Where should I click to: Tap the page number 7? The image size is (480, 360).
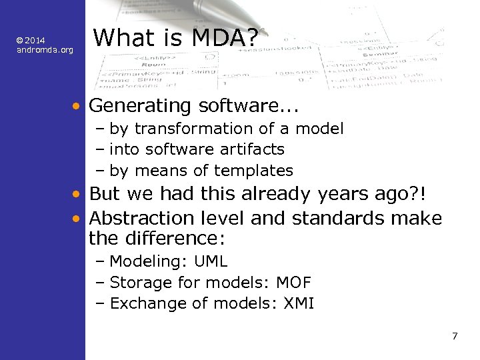pos(455,336)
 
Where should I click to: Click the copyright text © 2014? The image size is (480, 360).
pos(31,41)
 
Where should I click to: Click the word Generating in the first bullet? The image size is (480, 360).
pos(131,105)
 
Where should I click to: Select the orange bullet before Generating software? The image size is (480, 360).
pos(78,106)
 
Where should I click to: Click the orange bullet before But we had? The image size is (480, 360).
pos(78,194)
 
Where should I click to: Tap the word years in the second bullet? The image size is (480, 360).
pos(298,195)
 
